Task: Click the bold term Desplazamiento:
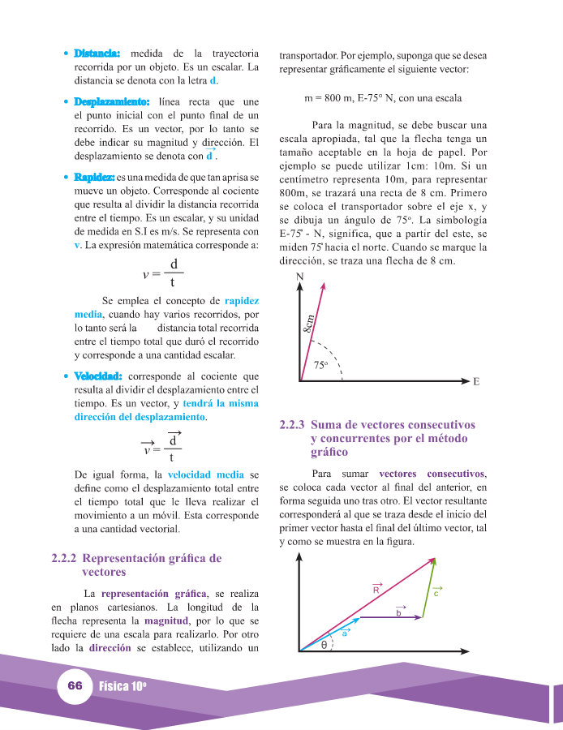pos(111,103)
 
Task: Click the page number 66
pos(75,685)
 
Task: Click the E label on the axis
pos(476,382)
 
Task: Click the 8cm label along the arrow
pos(309,326)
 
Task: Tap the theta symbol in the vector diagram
pos(324,646)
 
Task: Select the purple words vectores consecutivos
pos(432,473)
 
